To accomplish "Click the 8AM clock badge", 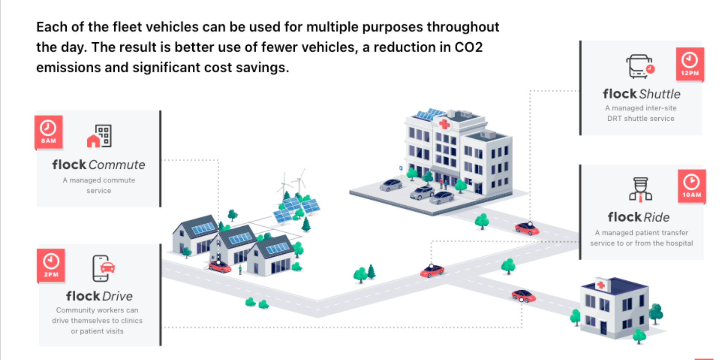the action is [x=48, y=132].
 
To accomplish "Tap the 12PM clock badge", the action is [x=690, y=64].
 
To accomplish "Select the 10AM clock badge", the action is [x=692, y=186].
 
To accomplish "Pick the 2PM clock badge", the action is [x=51, y=266].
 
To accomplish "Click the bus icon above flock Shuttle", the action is [x=640, y=66].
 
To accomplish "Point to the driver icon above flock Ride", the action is [x=641, y=189].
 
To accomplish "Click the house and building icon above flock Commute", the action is [x=99, y=136].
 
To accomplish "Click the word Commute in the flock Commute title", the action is [x=117, y=165].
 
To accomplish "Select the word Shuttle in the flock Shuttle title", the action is [x=660, y=94].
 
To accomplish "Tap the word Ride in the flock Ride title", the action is [x=657, y=217].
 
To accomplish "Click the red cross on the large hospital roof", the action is [x=444, y=124].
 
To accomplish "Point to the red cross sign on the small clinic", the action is [x=601, y=285].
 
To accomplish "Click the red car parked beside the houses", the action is [x=220, y=267].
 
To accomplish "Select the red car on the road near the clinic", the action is [x=524, y=296].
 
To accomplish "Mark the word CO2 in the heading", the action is [x=468, y=47].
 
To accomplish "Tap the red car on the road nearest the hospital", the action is [x=527, y=229].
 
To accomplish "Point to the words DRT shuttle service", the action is [x=641, y=118].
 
